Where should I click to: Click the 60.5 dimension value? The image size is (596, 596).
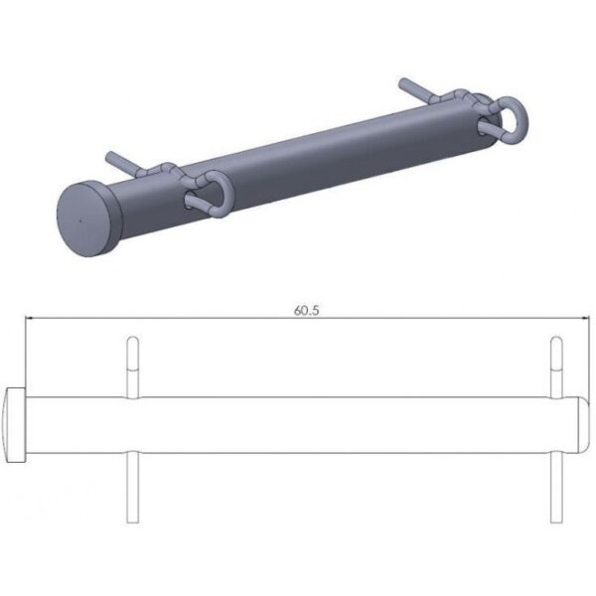307,311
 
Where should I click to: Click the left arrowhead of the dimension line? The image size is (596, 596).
29,318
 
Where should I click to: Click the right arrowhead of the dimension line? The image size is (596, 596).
585,318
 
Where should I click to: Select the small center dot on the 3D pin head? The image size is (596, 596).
80,221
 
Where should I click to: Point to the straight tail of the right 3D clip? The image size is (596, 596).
415,88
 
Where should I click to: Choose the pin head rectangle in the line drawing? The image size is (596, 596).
16,425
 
